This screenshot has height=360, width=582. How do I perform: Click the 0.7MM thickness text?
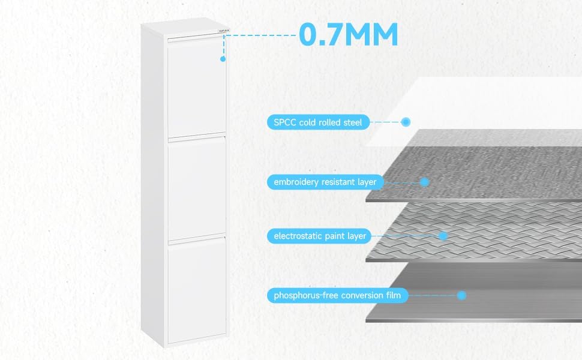(349, 35)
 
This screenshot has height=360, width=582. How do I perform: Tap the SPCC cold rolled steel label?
(318, 122)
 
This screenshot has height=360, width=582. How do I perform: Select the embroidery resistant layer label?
(325, 182)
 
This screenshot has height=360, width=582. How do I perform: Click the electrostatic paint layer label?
(320, 236)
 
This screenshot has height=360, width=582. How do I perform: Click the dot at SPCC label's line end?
(406, 122)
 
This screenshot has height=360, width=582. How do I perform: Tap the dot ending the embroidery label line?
(424, 181)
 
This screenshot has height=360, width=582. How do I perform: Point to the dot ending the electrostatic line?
(443, 236)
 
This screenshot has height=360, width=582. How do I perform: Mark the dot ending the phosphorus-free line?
(461, 295)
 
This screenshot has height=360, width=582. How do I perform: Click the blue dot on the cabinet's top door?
(223, 59)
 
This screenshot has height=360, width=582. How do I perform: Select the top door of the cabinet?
(196, 90)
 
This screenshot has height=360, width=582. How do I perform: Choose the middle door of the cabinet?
(196, 189)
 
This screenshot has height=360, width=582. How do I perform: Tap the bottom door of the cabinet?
(196, 291)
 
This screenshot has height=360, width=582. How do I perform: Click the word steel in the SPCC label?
(353, 122)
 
